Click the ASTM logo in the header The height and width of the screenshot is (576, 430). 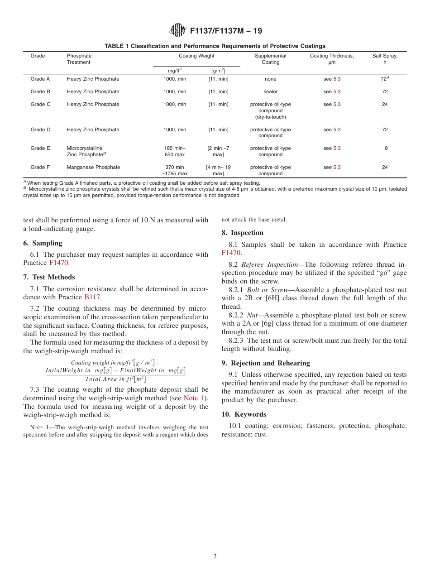click(177, 30)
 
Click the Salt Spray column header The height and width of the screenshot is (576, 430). click(385, 59)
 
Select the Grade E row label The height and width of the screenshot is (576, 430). click(40, 148)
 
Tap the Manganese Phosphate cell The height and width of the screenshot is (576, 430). click(93, 167)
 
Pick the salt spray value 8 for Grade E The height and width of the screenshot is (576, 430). click(386, 148)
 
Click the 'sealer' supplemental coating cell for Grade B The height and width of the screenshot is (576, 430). click(270, 91)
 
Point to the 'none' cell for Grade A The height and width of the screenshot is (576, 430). click(270, 79)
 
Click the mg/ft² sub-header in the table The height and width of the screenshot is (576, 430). click(174, 71)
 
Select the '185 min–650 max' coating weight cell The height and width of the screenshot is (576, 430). click(174, 151)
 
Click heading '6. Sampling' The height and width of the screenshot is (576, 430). click(47, 243)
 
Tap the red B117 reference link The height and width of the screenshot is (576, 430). click(92, 297)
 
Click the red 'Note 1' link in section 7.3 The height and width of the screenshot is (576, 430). click(194, 398)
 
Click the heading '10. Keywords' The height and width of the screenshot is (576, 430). click(244, 414)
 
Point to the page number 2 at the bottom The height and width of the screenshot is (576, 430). click(215, 557)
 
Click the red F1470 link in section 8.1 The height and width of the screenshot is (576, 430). click(231, 253)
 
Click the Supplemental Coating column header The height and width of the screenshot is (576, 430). click(270, 59)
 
